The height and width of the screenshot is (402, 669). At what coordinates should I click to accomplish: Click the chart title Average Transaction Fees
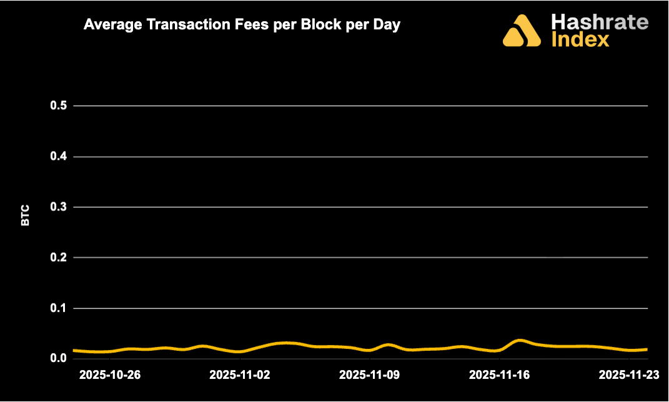[242, 26]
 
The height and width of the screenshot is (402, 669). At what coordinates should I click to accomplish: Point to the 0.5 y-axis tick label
[58, 105]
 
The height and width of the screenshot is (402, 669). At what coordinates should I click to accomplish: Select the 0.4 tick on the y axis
[58, 156]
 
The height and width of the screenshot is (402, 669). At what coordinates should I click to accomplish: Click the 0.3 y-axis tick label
[58, 207]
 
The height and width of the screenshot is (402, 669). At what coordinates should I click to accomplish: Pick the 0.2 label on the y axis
[58, 257]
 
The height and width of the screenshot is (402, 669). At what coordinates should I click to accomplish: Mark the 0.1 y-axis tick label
[58, 308]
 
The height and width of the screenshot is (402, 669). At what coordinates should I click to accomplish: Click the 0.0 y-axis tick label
[58, 358]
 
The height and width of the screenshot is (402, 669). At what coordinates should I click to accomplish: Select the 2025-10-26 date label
[110, 375]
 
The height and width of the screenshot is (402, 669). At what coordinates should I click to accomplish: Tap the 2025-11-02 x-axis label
[240, 375]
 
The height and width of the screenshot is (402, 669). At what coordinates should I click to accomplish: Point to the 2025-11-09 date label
[369, 375]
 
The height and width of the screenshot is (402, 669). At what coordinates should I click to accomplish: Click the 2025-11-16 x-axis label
[499, 375]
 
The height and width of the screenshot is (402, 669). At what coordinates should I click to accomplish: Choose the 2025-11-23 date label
[629, 375]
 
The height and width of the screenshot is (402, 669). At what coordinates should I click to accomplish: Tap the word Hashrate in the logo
[600, 23]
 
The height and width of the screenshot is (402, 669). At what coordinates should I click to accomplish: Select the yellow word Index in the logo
[580, 40]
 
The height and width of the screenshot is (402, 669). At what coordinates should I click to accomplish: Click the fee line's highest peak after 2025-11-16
[520, 340]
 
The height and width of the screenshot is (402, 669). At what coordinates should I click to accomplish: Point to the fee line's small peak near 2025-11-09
[388, 345]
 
